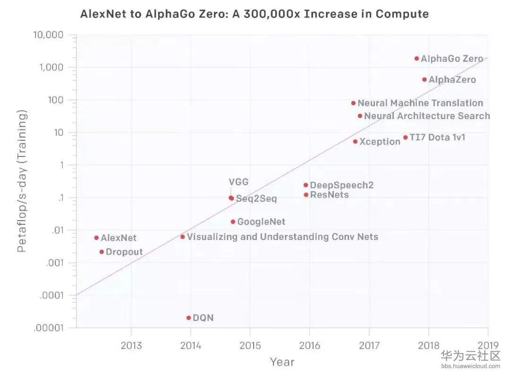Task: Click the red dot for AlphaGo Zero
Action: coord(416,59)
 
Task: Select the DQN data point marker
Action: coord(188,318)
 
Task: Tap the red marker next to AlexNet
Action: coord(96,238)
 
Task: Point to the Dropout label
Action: coord(124,252)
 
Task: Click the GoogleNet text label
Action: coord(261,222)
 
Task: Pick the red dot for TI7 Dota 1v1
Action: coord(405,137)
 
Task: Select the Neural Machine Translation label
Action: coord(420,103)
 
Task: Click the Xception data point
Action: coord(355,141)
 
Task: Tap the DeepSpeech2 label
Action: coord(341,185)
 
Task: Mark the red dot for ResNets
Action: coord(306,195)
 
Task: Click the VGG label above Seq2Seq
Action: coord(238,182)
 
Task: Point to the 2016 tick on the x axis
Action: coord(309,345)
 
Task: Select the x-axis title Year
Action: coord(282,362)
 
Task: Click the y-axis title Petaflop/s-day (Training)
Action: coord(22,181)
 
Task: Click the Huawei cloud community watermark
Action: coord(470,358)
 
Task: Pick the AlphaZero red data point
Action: coord(424,79)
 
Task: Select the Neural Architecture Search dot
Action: coord(360,116)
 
